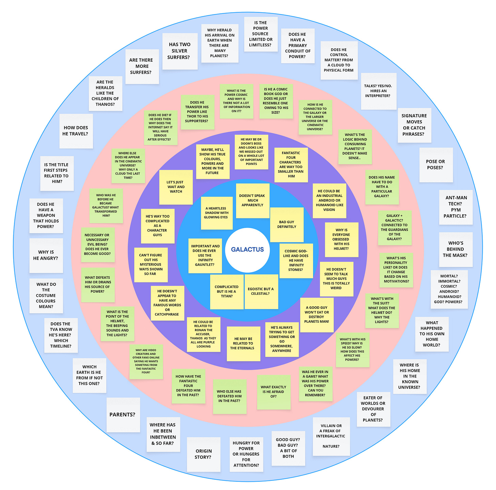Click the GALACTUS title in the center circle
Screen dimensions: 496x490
click(247, 249)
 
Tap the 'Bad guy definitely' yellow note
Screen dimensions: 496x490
click(286, 225)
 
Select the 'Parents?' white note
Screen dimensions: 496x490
click(123, 415)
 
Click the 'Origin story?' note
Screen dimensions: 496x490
click(203, 454)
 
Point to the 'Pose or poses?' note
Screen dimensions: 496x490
click(436, 165)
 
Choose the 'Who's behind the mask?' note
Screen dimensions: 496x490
click(455, 249)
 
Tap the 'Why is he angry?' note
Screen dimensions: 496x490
click(46, 255)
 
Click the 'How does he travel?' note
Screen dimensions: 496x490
click(76, 131)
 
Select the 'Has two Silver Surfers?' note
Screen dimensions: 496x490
click(180, 51)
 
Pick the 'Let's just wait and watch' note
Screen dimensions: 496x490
click(176, 187)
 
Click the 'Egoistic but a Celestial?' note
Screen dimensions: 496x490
click(261, 291)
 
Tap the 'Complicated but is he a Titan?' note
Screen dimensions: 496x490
click(227, 292)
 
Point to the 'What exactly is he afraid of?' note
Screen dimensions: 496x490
click(274, 392)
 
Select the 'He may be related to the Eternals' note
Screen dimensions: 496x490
click(243, 343)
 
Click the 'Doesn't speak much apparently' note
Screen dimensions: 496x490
click(252, 201)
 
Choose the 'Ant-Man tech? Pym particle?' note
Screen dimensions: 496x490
click(456, 207)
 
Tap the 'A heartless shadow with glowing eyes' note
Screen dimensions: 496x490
click(217, 213)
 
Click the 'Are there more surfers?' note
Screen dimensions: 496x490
click(142, 66)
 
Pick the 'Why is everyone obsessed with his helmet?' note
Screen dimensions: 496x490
click(341, 240)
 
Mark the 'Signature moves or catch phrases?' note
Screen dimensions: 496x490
click(414, 125)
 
